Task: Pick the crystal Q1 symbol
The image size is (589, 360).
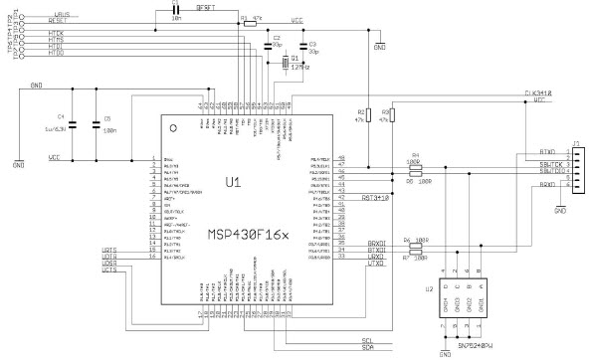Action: point(285,64)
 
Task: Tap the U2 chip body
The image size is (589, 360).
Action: point(452,303)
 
